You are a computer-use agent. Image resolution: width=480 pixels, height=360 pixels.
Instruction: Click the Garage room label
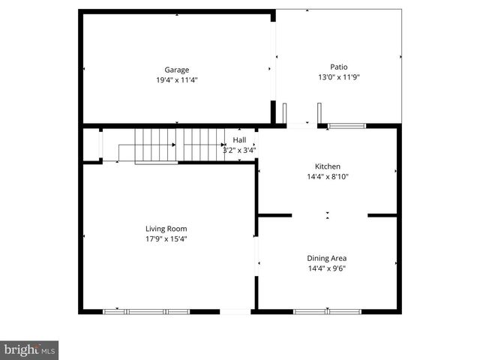177,70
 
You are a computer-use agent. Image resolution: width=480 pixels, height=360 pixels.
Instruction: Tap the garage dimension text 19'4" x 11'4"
177,79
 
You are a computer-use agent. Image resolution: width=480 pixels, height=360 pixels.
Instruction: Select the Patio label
339,67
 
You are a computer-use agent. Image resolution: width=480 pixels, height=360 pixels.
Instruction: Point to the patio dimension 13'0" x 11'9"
339,76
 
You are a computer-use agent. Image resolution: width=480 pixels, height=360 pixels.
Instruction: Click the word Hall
239,140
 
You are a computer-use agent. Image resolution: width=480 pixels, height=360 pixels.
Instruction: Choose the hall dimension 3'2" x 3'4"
239,150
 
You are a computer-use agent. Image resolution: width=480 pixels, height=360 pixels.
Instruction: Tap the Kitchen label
328,166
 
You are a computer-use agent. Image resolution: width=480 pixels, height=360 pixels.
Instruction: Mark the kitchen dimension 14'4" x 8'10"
328,177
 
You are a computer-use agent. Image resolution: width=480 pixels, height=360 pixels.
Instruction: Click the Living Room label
166,229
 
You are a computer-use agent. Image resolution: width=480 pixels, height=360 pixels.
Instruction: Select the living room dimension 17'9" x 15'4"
166,239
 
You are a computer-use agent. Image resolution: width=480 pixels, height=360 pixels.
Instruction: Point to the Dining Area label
327,258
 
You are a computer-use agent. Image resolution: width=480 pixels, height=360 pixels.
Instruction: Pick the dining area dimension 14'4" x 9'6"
327,268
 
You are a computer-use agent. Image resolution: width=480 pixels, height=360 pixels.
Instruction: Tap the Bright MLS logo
29,349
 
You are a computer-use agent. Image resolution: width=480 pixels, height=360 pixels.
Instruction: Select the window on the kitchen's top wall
346,126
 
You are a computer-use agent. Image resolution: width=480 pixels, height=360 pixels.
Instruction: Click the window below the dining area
327,311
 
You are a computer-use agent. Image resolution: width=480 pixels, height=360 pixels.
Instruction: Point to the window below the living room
146,311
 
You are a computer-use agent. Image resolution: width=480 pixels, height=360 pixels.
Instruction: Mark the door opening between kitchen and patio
303,125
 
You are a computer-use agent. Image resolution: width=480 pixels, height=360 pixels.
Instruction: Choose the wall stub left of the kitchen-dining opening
274,216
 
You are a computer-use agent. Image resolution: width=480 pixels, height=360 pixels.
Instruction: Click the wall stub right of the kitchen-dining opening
382,216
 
